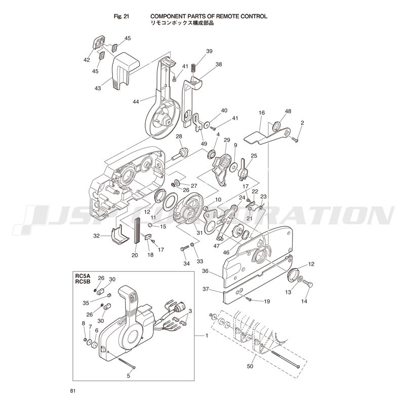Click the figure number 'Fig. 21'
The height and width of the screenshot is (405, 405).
pyautogui.click(x=121, y=16)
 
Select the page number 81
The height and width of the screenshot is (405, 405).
pyautogui.click(x=72, y=390)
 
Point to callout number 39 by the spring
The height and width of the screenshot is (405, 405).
pyautogui.click(x=209, y=51)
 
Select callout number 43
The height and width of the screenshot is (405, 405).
pyautogui.click(x=98, y=88)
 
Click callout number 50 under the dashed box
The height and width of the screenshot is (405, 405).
pyautogui.click(x=250, y=366)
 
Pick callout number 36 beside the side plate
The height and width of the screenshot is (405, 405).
pyautogui.click(x=206, y=271)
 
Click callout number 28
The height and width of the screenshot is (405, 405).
pyautogui.click(x=179, y=136)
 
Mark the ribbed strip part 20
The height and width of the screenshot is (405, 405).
pyautogui.click(x=137, y=231)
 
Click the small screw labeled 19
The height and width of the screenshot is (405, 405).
pyautogui.click(x=249, y=299)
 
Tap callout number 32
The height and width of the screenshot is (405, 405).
pyautogui.click(x=96, y=236)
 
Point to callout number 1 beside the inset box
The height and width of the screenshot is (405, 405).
pyautogui.click(x=207, y=336)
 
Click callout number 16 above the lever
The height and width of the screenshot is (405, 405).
pyautogui.click(x=262, y=112)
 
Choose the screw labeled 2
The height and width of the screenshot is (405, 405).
pyautogui.click(x=295, y=140)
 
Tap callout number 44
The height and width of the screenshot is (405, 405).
pyautogui.click(x=136, y=102)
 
